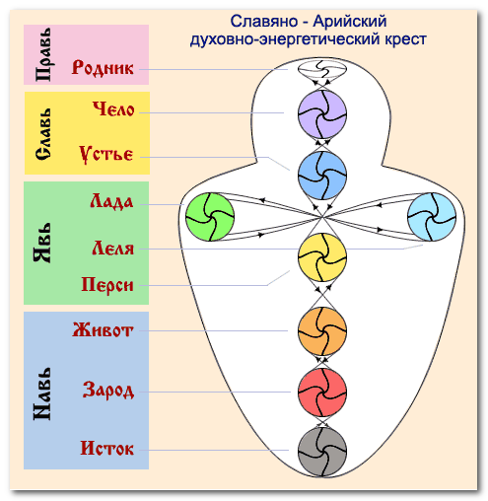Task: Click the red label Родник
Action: [x=103, y=68]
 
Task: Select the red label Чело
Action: [x=113, y=108]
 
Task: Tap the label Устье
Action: [x=106, y=154]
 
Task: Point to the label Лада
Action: [x=111, y=201]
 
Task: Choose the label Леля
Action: [x=113, y=248]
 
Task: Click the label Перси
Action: [x=107, y=284]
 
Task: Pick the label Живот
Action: [x=103, y=329]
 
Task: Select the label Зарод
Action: [x=108, y=391]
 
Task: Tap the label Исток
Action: [x=107, y=448]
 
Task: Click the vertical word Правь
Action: [x=43, y=54]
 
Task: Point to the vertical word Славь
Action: [x=43, y=134]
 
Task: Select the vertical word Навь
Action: [x=42, y=394]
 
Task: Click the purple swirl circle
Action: [x=322, y=114]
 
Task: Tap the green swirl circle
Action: [x=210, y=217]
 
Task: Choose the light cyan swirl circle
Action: [x=432, y=217]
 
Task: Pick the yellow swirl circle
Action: [x=322, y=257]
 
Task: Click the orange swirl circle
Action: [x=322, y=331]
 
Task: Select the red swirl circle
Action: [x=322, y=393]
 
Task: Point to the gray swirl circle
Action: [x=322, y=452]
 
